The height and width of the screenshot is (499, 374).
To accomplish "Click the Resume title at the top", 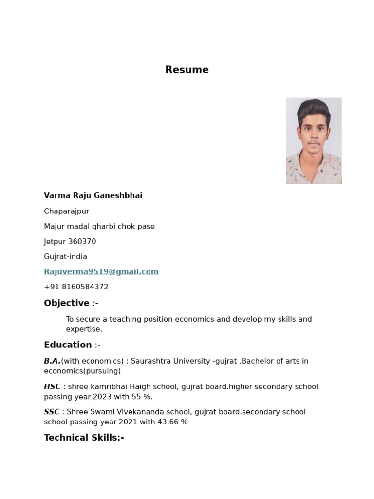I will coord(187,70).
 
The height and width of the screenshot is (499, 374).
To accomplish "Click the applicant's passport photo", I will coord(314,141).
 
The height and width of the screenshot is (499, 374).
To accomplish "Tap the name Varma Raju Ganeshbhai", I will coord(93,196).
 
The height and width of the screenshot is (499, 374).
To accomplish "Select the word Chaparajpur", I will coord(66,211).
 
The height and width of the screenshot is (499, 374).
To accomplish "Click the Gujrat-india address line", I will coord(65,257).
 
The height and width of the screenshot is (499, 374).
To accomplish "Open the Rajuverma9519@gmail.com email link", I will coord(101,272).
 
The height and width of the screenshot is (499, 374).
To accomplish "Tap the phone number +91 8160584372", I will coord(76,287).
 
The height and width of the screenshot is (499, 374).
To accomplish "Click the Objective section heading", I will coord(67,303).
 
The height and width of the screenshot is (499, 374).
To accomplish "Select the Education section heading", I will coord(68,345).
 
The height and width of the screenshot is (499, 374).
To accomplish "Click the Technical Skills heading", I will coord(84,438).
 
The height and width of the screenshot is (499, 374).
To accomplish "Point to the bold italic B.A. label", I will coord(52,361).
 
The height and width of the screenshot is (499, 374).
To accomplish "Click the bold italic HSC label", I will coord(52,387).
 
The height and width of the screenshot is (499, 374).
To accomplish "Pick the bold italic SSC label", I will coord(52,412).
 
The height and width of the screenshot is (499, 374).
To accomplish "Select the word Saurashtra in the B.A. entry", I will coord(150,361).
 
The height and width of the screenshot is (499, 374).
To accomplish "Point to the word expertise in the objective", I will coord(84,329).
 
